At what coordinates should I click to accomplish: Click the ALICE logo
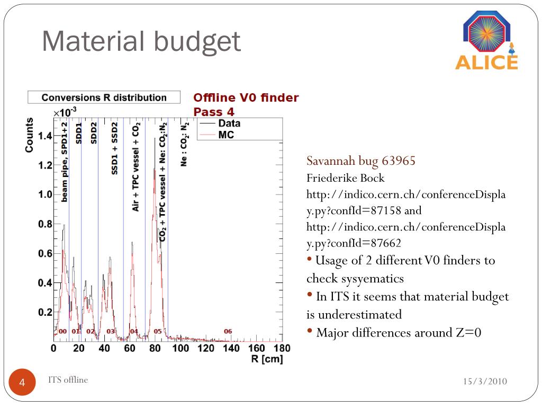(x=486, y=41)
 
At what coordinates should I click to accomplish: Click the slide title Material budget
(x=141, y=42)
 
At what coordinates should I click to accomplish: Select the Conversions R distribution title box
(x=104, y=98)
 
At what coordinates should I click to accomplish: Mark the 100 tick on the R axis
(x=180, y=348)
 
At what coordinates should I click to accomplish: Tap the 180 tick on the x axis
(x=282, y=348)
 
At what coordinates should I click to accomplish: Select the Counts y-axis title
(x=30, y=136)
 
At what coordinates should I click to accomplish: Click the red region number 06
(x=228, y=331)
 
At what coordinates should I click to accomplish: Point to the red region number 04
(x=134, y=331)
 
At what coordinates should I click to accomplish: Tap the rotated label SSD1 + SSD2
(x=114, y=148)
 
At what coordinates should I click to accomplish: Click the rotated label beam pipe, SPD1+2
(x=65, y=162)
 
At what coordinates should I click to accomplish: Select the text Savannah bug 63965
(x=361, y=161)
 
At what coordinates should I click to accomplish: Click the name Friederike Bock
(x=346, y=178)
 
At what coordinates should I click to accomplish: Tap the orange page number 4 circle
(x=23, y=383)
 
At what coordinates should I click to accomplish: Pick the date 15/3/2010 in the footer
(x=485, y=382)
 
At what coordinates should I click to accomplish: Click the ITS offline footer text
(x=68, y=379)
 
